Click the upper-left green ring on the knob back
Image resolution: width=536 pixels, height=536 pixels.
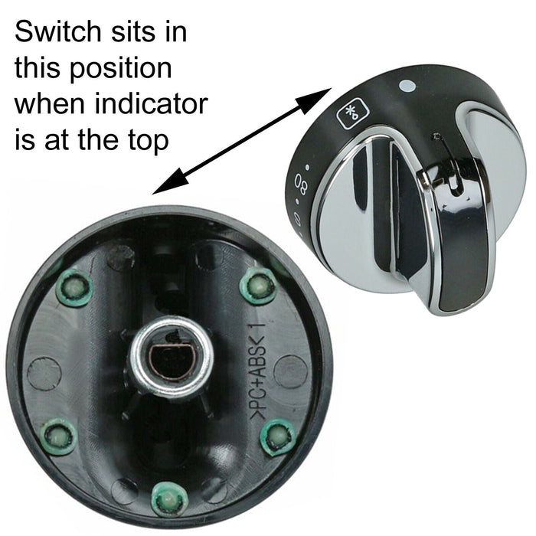pyautogui.click(x=74, y=288)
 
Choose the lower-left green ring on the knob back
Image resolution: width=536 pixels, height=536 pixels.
pyautogui.click(x=58, y=437)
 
